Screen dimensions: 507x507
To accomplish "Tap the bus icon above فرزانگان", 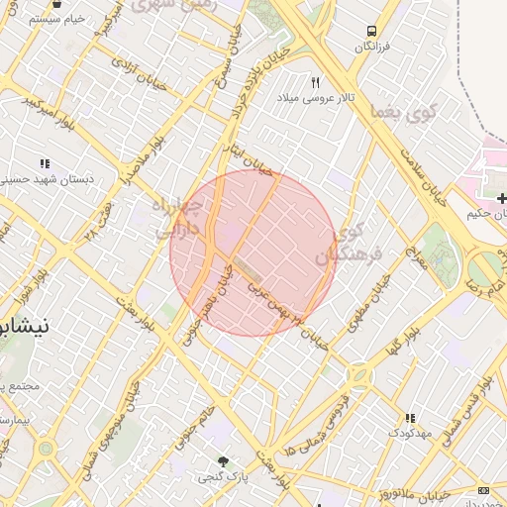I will point(370,31).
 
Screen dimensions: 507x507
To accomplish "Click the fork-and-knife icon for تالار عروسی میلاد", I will point(316,82).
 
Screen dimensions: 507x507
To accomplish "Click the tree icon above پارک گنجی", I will point(222,461).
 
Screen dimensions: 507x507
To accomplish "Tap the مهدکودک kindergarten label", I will point(409,433).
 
